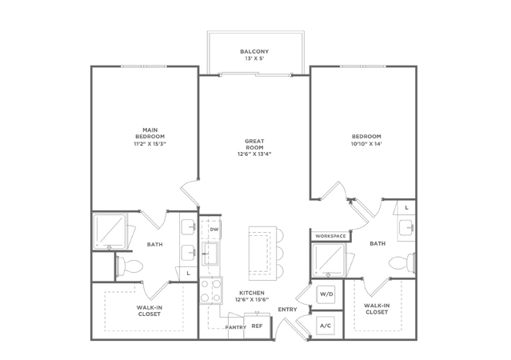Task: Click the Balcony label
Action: pyautogui.click(x=254, y=51)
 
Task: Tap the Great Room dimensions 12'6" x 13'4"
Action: pyautogui.click(x=254, y=154)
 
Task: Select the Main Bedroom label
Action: pyautogui.click(x=150, y=133)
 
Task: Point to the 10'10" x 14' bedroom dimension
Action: pyautogui.click(x=366, y=143)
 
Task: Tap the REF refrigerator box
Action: pyautogui.click(x=257, y=326)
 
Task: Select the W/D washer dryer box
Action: pyautogui.click(x=326, y=294)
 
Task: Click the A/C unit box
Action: pyautogui.click(x=326, y=326)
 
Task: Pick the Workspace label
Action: pyautogui.click(x=330, y=236)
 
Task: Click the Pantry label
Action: pyautogui.click(x=236, y=327)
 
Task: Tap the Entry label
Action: pyautogui.click(x=287, y=309)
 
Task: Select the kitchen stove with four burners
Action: pyautogui.click(x=211, y=290)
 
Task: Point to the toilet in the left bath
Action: pyautogui.click(x=130, y=266)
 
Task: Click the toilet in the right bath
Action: pyautogui.click(x=401, y=263)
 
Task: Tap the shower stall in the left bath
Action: pyautogui.click(x=110, y=231)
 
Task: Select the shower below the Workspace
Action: pyautogui.click(x=329, y=260)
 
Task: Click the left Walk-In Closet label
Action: pyautogui.click(x=150, y=310)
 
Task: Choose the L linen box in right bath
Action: pyautogui.click(x=406, y=208)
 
